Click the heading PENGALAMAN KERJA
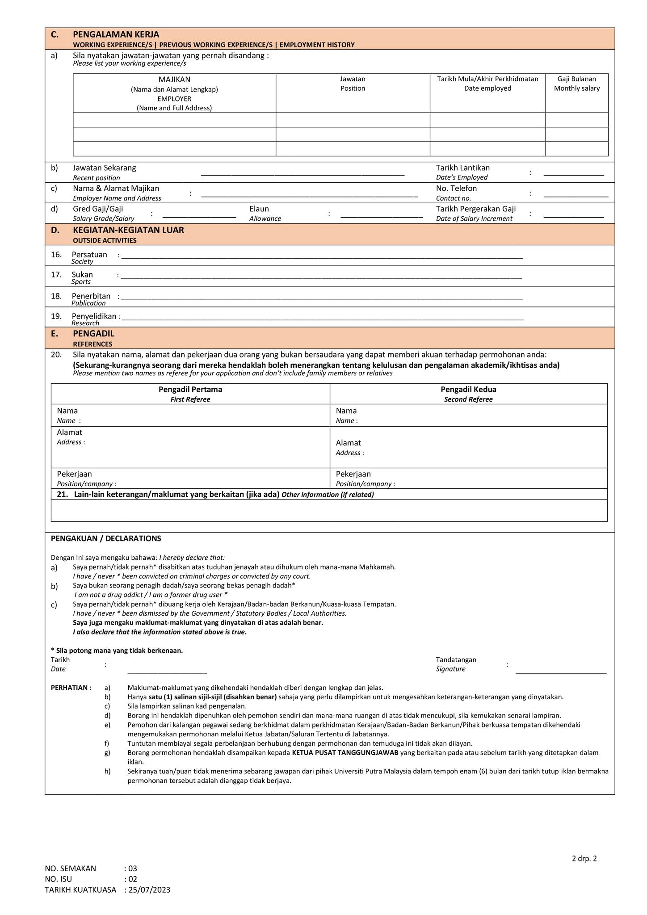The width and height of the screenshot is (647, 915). (x=116, y=34)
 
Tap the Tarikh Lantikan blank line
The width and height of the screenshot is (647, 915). (x=573, y=176)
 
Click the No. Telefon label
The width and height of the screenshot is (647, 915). (x=456, y=189)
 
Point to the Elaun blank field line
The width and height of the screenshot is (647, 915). (x=381, y=217)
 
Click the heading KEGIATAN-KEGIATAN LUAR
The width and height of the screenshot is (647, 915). (x=128, y=230)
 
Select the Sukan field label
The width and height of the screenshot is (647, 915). (x=82, y=275)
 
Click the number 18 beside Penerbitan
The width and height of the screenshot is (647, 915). (x=56, y=296)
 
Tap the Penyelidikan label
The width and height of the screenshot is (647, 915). (x=94, y=316)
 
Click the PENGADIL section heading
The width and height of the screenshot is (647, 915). (x=93, y=334)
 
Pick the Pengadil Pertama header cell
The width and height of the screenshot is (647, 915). (x=190, y=390)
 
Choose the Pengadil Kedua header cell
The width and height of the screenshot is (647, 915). (x=468, y=390)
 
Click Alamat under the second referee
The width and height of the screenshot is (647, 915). (x=348, y=443)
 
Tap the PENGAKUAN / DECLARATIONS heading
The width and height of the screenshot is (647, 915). (x=106, y=538)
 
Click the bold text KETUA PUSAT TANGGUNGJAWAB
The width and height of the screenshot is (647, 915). (x=345, y=753)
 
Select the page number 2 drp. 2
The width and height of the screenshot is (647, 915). (x=584, y=858)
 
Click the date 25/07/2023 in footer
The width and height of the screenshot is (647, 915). (x=149, y=890)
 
